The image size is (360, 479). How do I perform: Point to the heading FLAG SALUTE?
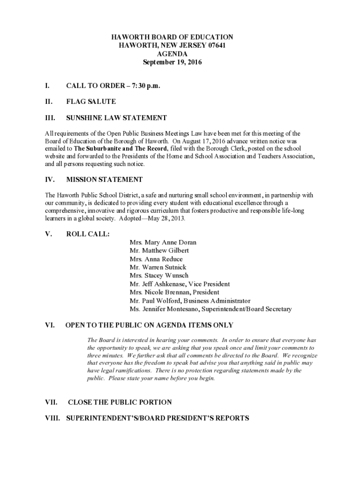(x=91, y=102)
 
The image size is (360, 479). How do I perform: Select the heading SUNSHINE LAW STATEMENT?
(x=116, y=118)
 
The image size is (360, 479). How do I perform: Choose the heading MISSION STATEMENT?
(x=104, y=180)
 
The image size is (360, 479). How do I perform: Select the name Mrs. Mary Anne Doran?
(x=163, y=242)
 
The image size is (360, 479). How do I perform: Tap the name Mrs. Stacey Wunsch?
(x=159, y=276)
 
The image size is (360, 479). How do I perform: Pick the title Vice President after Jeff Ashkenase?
(x=209, y=284)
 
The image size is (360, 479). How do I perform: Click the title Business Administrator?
(x=217, y=301)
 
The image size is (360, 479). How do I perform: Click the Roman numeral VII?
(x=51, y=402)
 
